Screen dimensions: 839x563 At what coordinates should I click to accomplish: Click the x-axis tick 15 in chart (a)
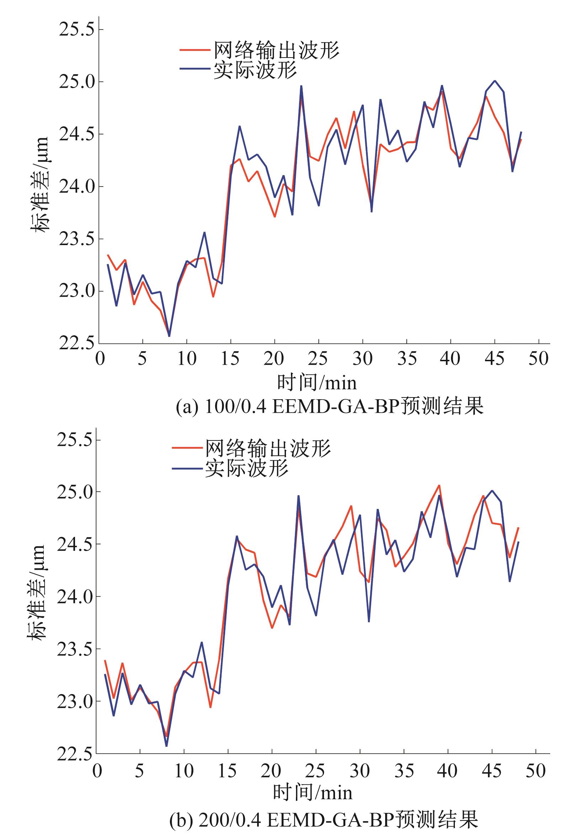point(230,359)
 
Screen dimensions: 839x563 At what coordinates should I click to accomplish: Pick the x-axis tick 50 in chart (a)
point(538,359)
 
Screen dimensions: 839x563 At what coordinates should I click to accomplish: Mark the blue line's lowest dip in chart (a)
point(169,336)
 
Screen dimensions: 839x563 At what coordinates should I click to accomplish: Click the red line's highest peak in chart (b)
point(439,486)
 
